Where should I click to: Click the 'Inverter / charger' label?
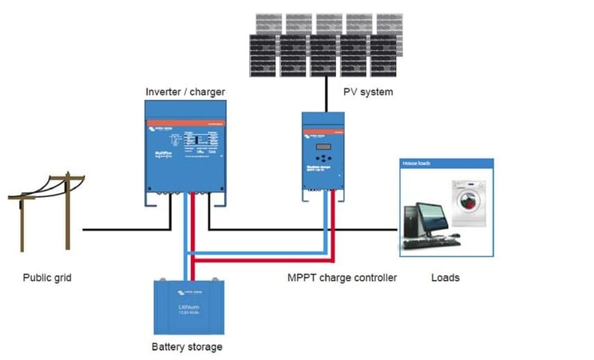click(185, 92)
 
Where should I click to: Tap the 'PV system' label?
click(368, 92)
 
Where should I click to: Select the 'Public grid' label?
click(53, 278)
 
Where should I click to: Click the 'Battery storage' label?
click(187, 346)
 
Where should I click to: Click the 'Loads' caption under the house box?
click(445, 278)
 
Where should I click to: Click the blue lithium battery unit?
click(189, 307)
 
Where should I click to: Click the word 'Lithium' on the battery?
click(189, 306)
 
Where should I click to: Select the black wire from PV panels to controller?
click(325, 94)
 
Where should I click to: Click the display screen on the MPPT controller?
click(323, 147)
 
